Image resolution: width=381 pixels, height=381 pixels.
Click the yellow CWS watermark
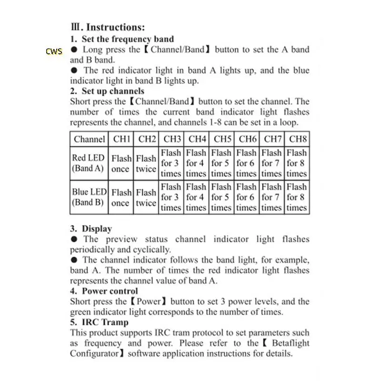[54, 51]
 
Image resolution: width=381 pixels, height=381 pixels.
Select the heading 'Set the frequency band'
[128, 39]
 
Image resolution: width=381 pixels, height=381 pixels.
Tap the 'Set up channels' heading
[113, 91]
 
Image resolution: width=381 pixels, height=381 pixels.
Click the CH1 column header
[121, 140]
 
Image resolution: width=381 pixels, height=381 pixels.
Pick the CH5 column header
[222, 140]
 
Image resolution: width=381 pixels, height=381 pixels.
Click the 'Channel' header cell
[90, 140]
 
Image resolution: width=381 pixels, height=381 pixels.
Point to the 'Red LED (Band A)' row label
[89, 163]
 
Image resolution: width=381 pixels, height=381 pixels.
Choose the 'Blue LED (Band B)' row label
[89, 197]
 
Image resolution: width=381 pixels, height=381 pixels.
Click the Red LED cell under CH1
[121, 163]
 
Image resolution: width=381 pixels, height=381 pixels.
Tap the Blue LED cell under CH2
[146, 197]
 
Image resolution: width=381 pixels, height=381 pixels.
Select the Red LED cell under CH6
[246, 163]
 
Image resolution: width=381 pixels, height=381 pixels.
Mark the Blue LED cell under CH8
[297, 197]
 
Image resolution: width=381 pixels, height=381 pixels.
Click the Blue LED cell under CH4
[196, 197]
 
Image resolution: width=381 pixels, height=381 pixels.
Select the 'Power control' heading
[110, 291]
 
